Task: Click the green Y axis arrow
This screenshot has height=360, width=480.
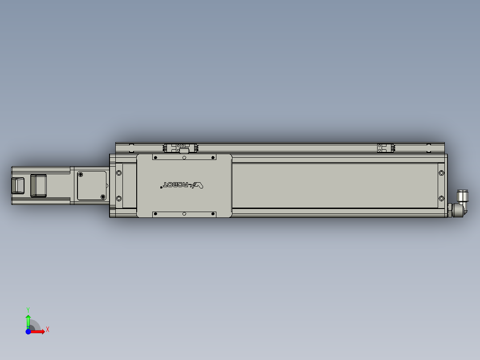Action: pos(28,319)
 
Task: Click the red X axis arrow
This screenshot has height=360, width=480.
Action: pos(39,331)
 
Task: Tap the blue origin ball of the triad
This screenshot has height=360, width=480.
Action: pos(28,331)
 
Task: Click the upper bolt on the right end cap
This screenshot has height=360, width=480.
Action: pos(441,172)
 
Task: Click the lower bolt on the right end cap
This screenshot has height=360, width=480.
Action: pos(441,198)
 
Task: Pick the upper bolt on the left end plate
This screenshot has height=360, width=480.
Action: pos(119,172)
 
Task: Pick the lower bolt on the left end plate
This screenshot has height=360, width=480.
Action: pos(119,198)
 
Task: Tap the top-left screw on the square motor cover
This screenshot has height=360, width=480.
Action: pos(81,174)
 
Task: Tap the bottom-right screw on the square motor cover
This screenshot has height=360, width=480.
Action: pos(103,196)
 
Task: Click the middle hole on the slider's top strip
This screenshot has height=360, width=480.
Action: pos(184,157)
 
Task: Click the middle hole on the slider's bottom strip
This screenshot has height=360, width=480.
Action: pos(184,214)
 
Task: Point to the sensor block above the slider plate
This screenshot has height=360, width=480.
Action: pos(183,148)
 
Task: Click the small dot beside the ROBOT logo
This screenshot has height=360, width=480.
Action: pos(161,188)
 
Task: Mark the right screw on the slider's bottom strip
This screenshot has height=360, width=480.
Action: pos(212,214)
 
